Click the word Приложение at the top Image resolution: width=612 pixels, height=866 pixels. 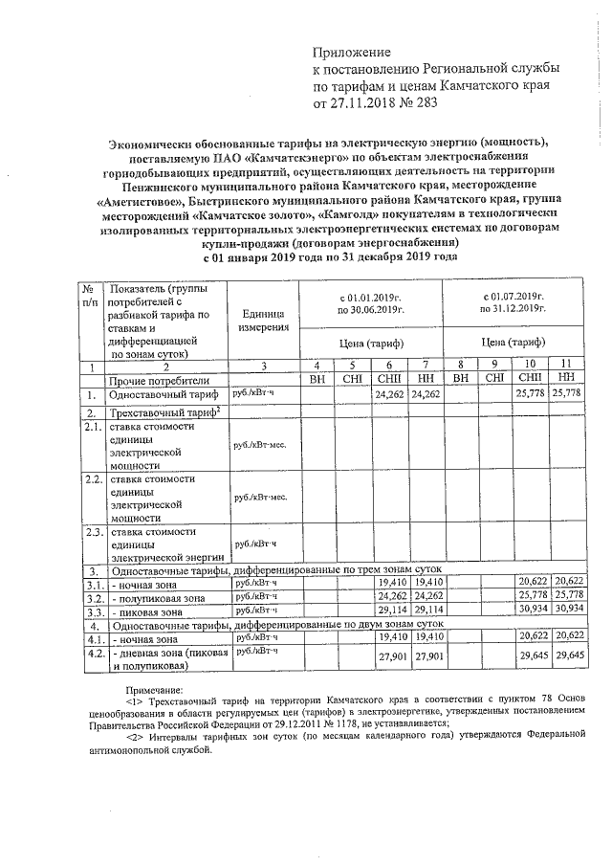tap(353, 51)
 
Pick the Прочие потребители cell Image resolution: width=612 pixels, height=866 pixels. tap(159, 380)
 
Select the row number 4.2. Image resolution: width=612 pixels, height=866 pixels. tap(92, 655)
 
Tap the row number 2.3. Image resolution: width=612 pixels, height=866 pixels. tap(92, 532)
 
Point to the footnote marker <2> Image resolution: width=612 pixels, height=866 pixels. tap(139, 734)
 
